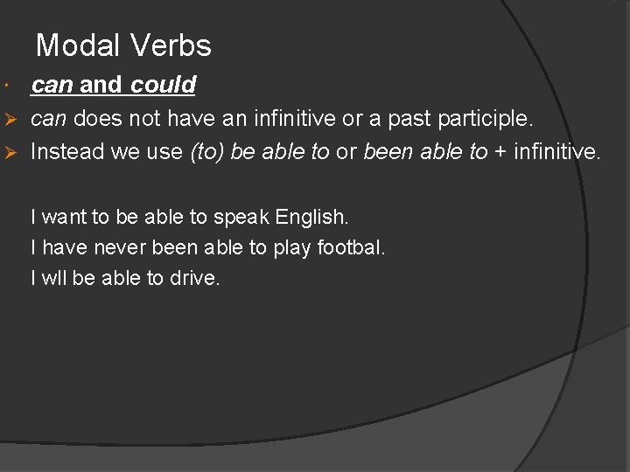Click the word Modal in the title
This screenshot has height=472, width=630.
(71, 45)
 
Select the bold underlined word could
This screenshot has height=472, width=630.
(164, 85)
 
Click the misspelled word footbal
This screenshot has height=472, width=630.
(349, 247)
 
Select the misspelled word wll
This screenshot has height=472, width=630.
(54, 279)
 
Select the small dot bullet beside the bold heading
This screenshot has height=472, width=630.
(7, 87)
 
